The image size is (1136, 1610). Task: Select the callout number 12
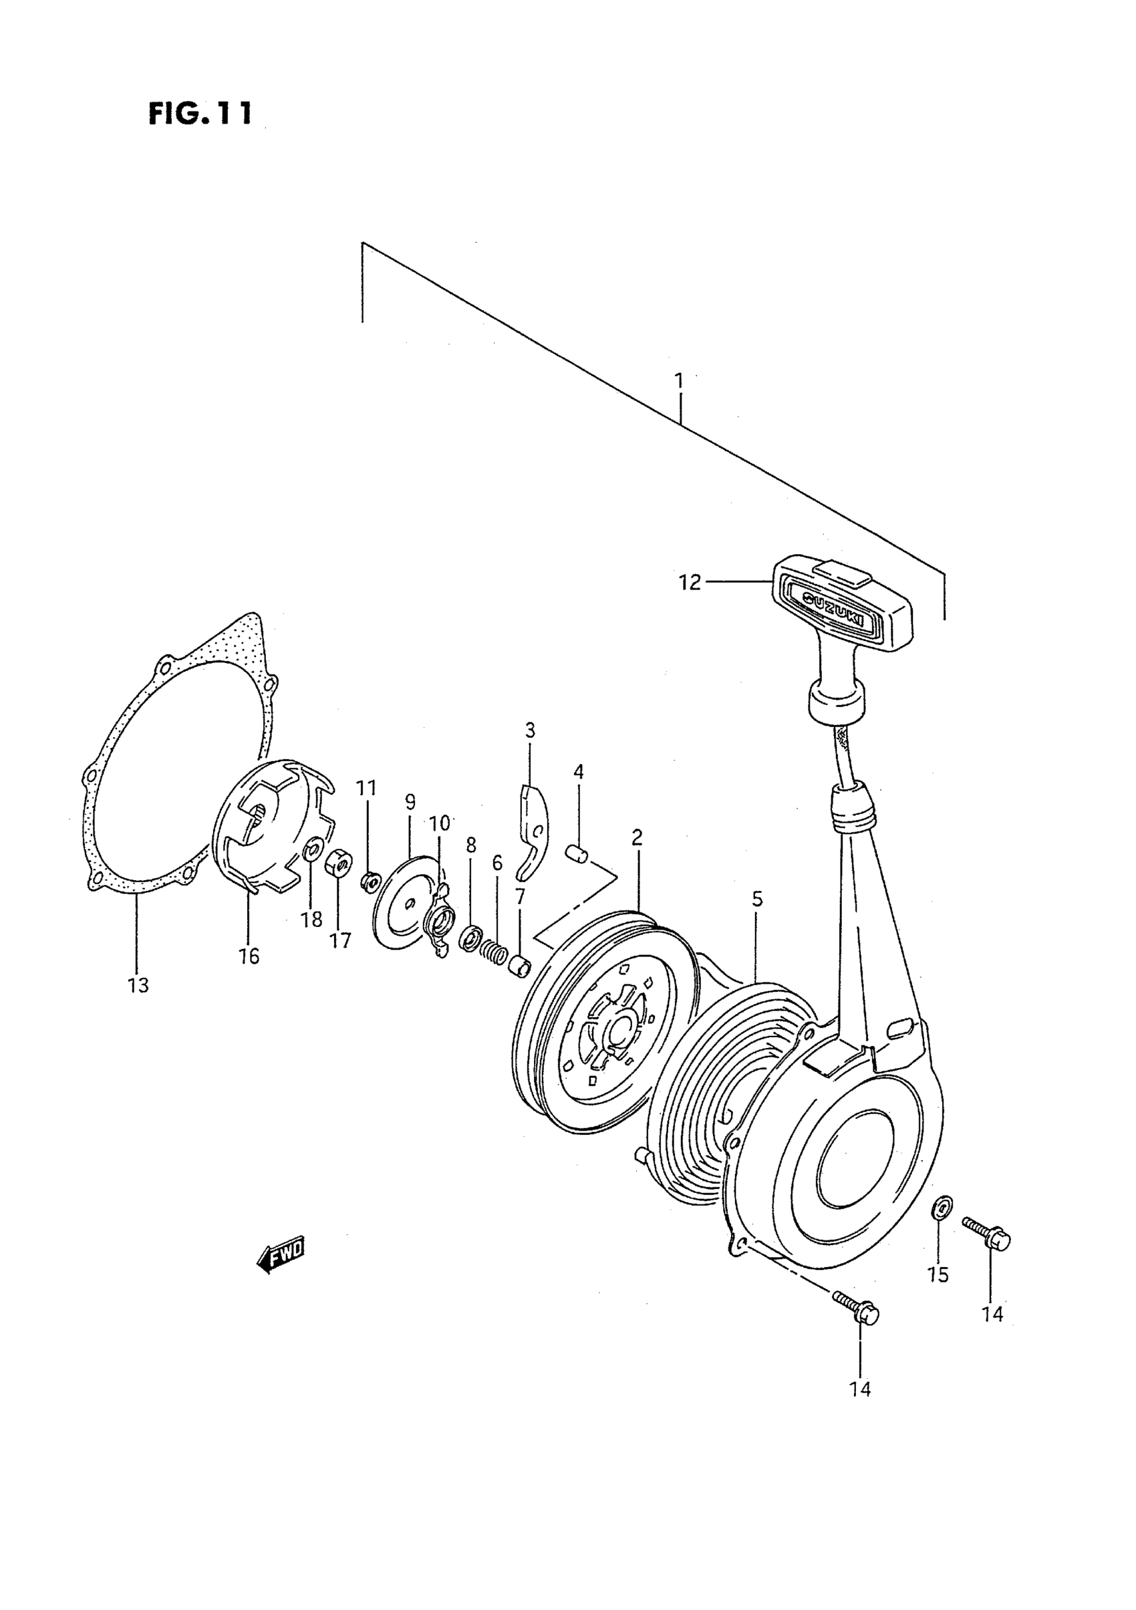tap(690, 583)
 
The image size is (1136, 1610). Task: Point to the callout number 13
tap(139, 985)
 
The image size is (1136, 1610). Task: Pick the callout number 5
tap(757, 899)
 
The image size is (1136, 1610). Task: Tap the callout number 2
tap(637, 837)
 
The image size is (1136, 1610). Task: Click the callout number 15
tap(938, 1274)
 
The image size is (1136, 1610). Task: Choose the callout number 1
tap(678, 381)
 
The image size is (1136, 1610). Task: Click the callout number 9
tap(410, 801)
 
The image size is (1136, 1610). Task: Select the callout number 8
tap(470, 845)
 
